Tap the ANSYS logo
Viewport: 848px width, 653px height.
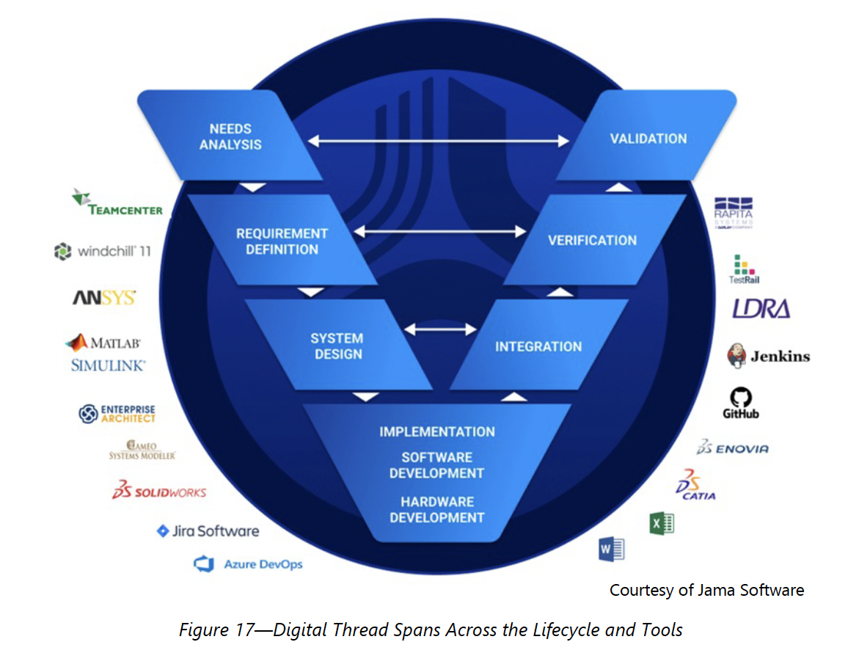[103, 298]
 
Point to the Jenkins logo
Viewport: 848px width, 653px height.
[768, 357]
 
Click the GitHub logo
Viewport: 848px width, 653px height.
[740, 404]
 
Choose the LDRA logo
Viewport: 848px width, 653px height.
[761, 309]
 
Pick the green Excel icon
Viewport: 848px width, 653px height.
[661, 523]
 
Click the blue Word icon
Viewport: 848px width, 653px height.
[611, 549]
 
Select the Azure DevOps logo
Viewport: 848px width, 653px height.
[248, 564]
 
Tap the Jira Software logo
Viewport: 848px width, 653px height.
[208, 530]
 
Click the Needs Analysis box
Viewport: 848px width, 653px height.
[230, 137]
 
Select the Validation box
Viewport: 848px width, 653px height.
[648, 138]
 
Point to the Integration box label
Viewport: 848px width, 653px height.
[538, 346]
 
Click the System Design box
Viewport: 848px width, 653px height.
[337, 346]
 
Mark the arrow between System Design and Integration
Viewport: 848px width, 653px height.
[440, 329]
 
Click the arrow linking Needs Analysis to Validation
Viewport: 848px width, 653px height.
[439, 139]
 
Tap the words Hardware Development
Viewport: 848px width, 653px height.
[436, 510]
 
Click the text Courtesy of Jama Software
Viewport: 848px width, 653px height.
[706, 590]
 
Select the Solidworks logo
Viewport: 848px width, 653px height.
[159, 491]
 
